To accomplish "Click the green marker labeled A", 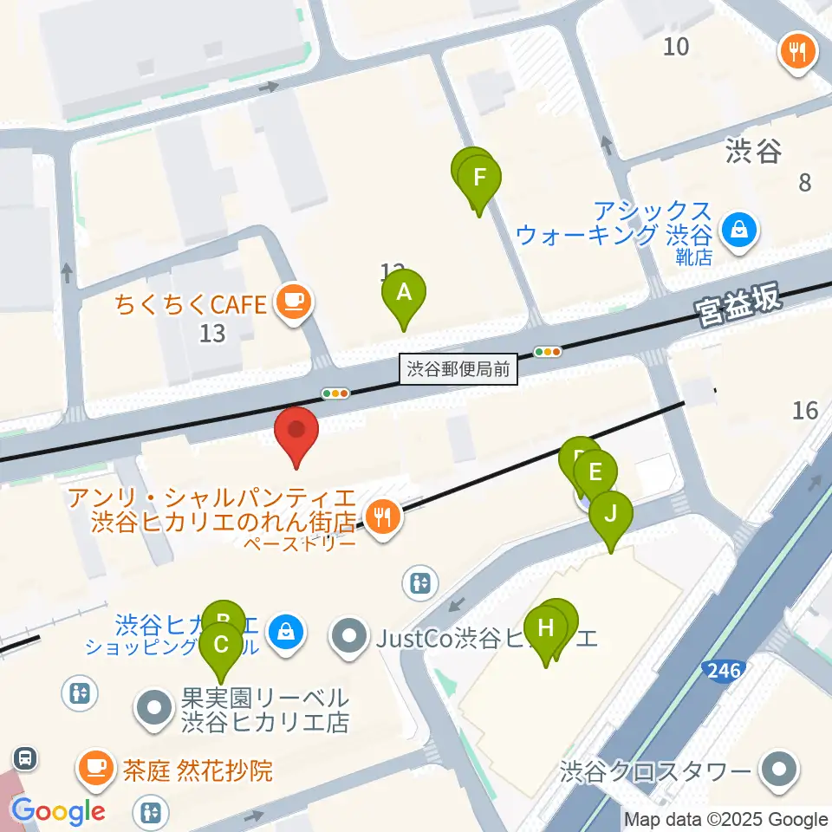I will click(x=404, y=294).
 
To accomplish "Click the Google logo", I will click(x=58, y=812).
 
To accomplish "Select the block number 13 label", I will click(x=212, y=332).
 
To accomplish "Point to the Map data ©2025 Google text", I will click(x=726, y=820).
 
